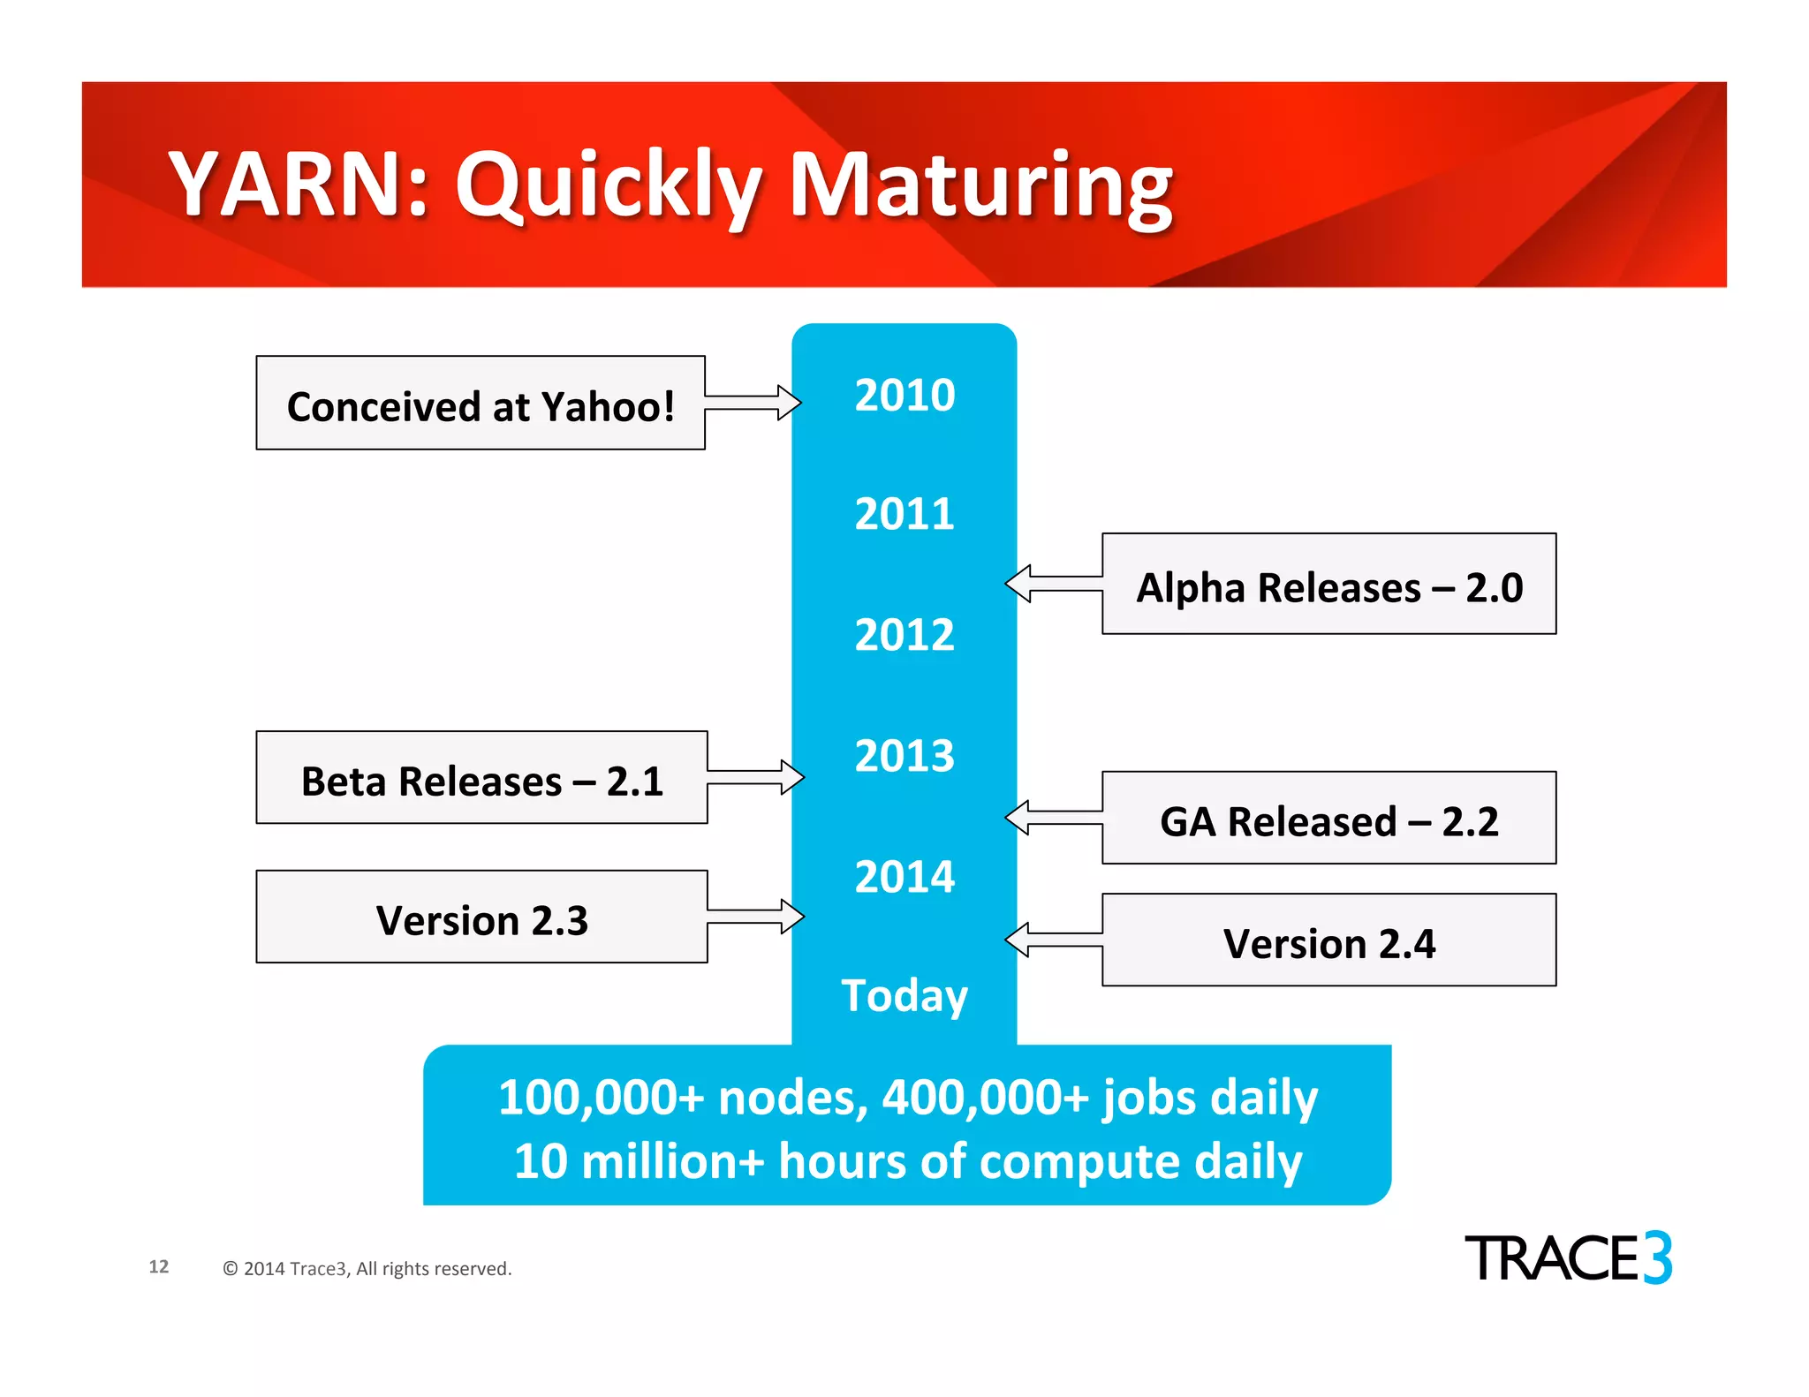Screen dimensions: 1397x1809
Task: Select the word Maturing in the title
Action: click(x=980, y=187)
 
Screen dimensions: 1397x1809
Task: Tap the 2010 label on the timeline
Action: click(x=904, y=395)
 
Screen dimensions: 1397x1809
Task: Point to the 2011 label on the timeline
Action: click(x=904, y=514)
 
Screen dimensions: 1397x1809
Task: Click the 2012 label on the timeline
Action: click(x=904, y=635)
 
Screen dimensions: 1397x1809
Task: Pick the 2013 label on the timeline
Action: click(x=904, y=756)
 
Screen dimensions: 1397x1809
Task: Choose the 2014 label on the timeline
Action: click(x=904, y=877)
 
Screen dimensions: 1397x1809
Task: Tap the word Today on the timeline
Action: click(x=904, y=996)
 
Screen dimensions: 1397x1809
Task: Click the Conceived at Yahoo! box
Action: click(x=481, y=404)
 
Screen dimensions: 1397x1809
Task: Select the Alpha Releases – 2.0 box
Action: click(x=1328, y=585)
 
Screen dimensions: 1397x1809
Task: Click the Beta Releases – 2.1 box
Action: click(x=481, y=778)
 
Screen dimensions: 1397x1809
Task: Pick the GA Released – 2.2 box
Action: click(x=1328, y=819)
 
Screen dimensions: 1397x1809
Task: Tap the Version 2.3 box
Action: click(x=481, y=917)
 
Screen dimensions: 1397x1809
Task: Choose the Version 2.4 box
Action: click(x=1328, y=940)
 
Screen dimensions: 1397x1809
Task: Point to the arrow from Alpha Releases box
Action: click(x=1055, y=584)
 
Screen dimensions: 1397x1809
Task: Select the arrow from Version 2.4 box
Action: click(x=1055, y=939)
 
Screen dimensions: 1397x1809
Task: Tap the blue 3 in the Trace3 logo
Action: click(x=1657, y=1257)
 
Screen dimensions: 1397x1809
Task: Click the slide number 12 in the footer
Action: click(x=159, y=1266)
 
